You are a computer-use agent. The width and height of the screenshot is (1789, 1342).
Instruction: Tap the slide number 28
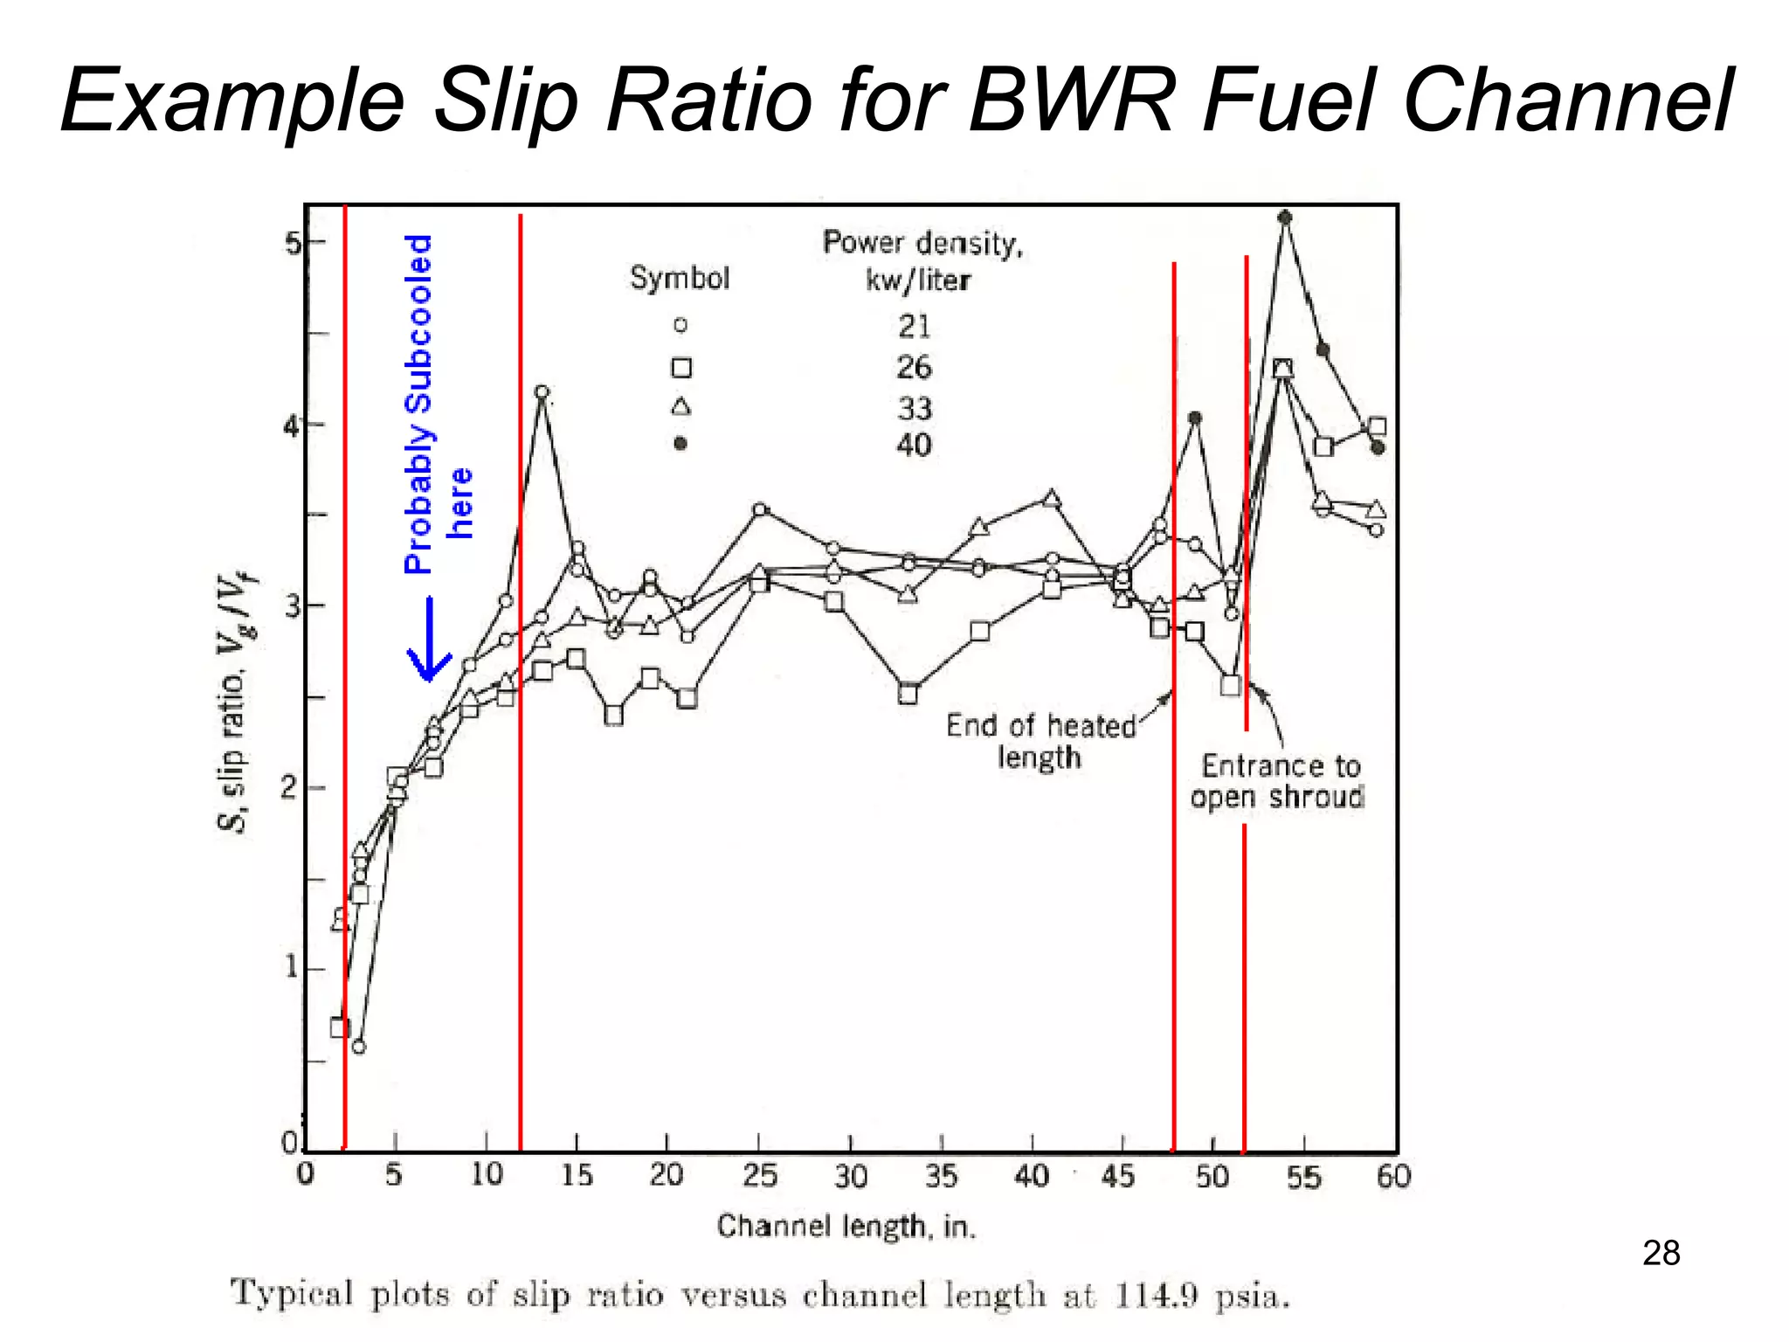pyautogui.click(x=1661, y=1253)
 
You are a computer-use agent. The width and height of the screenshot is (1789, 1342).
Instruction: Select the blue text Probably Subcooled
pyautogui.click(x=418, y=404)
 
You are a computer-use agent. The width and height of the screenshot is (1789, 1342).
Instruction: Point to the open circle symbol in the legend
pyautogui.click(x=680, y=325)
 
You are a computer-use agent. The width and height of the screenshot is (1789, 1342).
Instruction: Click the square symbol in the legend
pyautogui.click(x=681, y=368)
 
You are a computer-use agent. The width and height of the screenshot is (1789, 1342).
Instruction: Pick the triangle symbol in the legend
pyautogui.click(x=680, y=406)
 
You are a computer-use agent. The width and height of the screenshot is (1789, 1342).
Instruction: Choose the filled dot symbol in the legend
pyautogui.click(x=680, y=444)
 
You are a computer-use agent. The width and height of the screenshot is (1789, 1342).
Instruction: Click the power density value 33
pyautogui.click(x=915, y=408)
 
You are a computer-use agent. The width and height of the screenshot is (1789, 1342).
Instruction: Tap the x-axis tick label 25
pyautogui.click(x=759, y=1176)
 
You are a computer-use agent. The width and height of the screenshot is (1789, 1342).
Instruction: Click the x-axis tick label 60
pyautogui.click(x=1393, y=1176)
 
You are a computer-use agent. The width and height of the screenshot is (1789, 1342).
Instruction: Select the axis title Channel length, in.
pyautogui.click(x=846, y=1227)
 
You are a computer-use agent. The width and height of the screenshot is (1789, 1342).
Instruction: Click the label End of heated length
pyautogui.click(x=1040, y=741)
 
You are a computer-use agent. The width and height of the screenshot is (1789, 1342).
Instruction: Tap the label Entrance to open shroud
pyautogui.click(x=1277, y=781)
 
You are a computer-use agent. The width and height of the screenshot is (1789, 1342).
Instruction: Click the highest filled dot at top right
pyautogui.click(x=1284, y=218)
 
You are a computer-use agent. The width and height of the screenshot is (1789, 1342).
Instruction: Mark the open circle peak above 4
pyautogui.click(x=542, y=392)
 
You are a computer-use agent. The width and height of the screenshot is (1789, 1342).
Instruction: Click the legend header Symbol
pyautogui.click(x=680, y=279)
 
